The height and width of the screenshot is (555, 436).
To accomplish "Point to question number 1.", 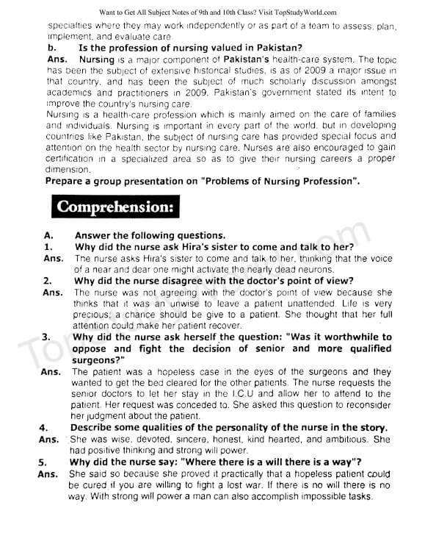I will (48, 248).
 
